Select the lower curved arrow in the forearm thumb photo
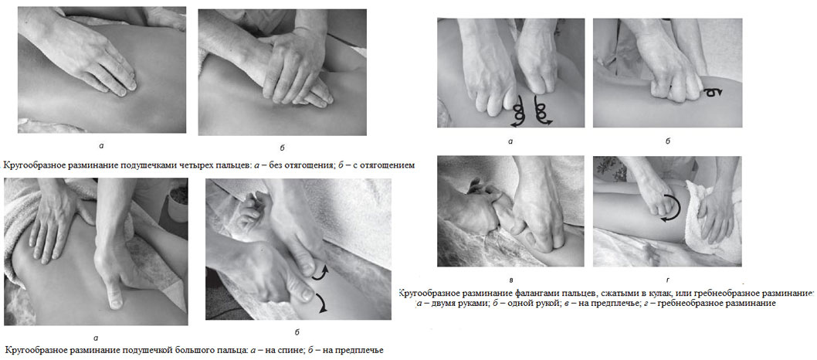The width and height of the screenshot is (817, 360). click(x=321, y=303)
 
